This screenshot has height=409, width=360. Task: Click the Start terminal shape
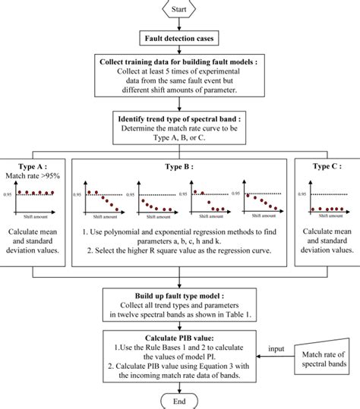click(179, 10)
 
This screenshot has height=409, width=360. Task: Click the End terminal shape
click(179, 399)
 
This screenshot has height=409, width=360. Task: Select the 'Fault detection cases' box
click(179, 37)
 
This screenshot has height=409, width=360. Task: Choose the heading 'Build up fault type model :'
click(179, 294)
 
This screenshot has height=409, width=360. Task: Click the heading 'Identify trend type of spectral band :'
click(179, 118)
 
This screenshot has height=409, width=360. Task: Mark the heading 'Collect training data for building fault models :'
click(179, 61)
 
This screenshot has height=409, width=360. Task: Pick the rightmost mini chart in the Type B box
click(261, 200)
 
